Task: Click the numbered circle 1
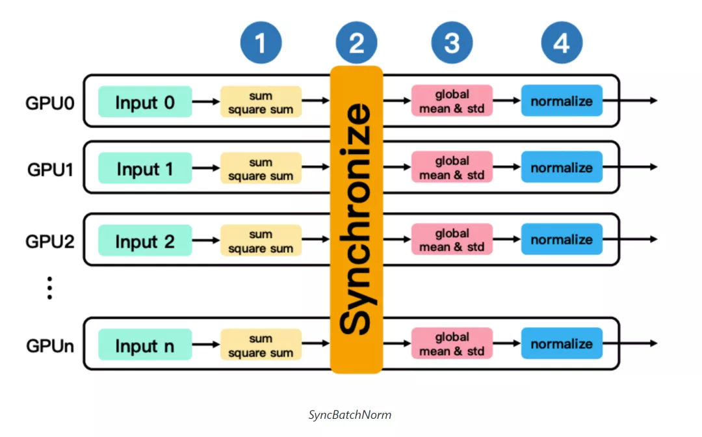coord(261,42)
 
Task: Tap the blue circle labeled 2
coord(356,42)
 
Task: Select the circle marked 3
coord(452,42)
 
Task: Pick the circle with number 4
coord(562,42)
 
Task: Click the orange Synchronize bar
coord(356,219)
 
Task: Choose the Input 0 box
coord(145,101)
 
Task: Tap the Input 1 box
coord(145,168)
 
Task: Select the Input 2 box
coord(145,241)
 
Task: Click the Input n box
coord(145,345)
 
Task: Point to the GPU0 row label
coord(49,103)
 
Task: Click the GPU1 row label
coord(50,170)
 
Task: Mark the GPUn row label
coord(49,346)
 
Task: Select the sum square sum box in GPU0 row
coord(261,101)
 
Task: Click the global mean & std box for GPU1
coord(452,167)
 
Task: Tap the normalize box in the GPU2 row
coord(562,239)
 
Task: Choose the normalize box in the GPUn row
coord(562,343)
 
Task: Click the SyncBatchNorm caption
coord(350,415)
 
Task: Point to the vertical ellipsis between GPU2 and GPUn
coord(49,288)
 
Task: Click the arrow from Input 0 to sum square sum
coord(206,101)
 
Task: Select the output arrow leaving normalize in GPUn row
coord(630,343)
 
